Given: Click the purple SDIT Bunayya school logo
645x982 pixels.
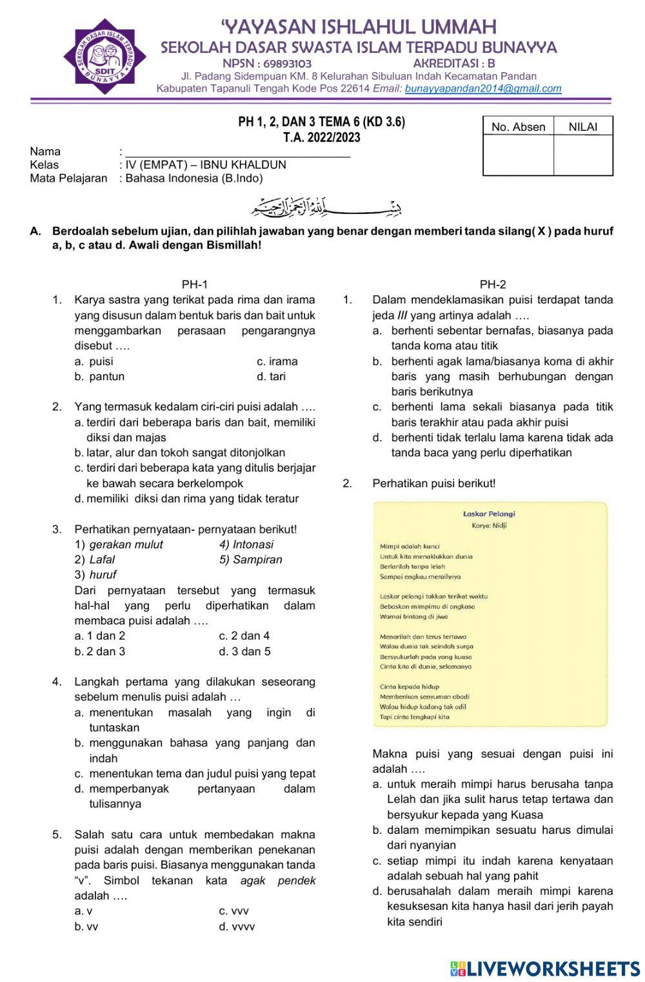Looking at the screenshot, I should pos(105,57).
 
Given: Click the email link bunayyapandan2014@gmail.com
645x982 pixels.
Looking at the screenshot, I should pos(483,89).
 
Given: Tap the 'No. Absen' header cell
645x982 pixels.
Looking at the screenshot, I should pos(518,127).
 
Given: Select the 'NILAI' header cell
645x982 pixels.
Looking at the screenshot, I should pos(582,127).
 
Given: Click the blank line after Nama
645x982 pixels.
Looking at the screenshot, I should pos(237,152).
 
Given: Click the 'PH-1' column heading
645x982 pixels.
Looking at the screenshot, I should pos(195,284).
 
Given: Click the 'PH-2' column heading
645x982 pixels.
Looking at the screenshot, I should pos(493,284).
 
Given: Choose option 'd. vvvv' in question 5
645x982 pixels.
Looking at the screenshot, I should pos(237,927).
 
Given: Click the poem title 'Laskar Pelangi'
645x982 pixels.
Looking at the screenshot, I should pos(489,514).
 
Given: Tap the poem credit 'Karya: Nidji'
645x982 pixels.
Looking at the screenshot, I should pos(489,526).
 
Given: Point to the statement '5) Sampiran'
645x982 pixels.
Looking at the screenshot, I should pos(250,559).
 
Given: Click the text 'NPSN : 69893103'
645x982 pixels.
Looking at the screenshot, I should pos(266,64).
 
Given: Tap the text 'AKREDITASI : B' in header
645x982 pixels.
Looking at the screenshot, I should pos(453,64).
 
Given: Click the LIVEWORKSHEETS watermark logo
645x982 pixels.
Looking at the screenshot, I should pos(545,968).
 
